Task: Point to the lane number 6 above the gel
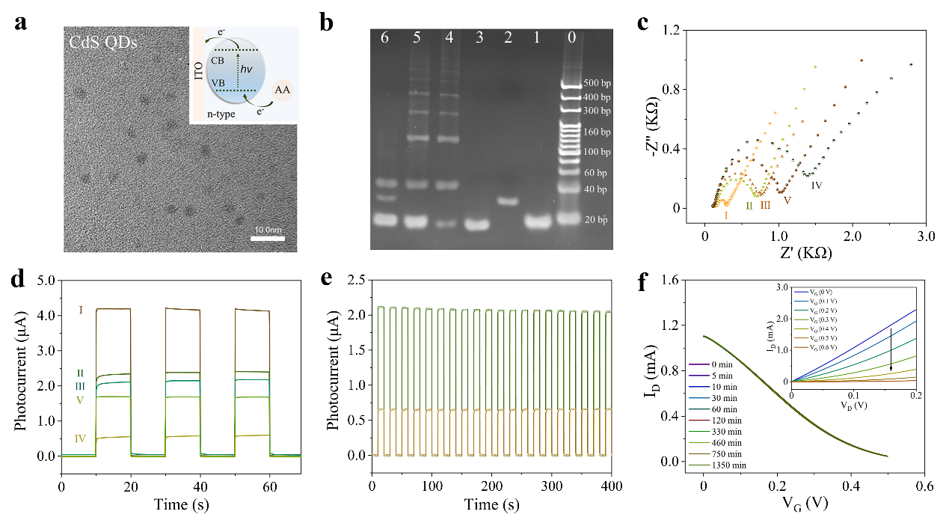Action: click(384, 39)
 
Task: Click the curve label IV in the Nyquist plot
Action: click(817, 184)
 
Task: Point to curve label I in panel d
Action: click(81, 308)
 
